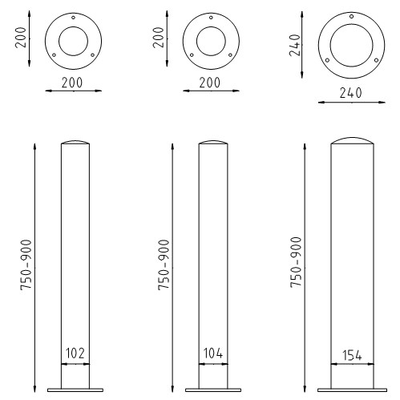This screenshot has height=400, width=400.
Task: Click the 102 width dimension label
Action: pos(76,352)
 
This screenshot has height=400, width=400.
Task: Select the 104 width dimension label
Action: pos(212,352)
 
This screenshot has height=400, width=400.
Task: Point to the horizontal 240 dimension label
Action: pos(349,92)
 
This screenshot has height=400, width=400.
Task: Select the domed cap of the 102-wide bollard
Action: pos(76,143)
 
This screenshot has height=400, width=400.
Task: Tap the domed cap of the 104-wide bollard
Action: pos(212,143)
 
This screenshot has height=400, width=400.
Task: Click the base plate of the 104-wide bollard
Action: pos(212,390)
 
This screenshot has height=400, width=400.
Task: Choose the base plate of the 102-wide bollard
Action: pos(76,390)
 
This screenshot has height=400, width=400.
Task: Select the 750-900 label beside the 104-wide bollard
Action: pos(164,265)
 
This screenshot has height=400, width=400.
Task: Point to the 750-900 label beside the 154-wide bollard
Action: pos(296,263)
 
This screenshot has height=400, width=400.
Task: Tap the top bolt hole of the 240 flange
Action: pos(350,14)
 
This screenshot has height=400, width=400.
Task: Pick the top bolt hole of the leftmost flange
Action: pos(74,18)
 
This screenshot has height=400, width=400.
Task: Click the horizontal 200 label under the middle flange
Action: pos(212,83)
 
